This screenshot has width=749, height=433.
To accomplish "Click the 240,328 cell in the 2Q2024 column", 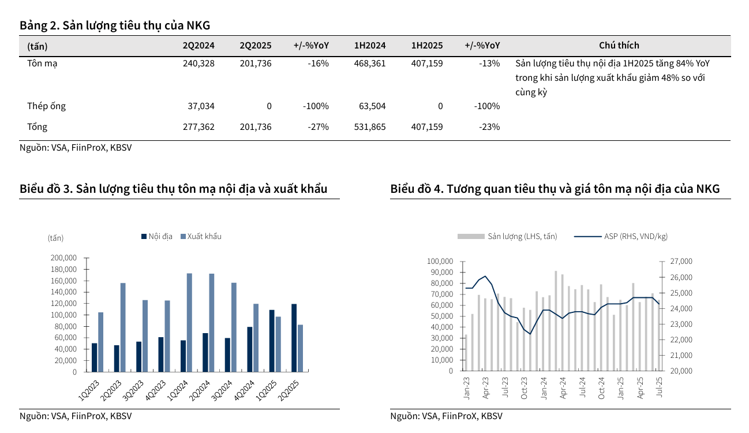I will point(198,64).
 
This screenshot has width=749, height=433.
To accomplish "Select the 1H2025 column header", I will point(427,46).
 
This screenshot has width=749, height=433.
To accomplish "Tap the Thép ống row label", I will point(46,106).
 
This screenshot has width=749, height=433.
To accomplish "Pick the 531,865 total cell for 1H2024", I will point(370,127).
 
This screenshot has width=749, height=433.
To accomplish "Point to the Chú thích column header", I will point(619,46).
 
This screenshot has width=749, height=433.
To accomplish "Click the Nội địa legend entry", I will point(156,236).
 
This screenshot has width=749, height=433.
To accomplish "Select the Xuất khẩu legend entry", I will point(200,236).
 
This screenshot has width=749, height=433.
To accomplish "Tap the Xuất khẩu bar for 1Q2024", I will point(189,322).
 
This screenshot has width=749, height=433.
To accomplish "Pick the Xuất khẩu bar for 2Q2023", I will point(123,327).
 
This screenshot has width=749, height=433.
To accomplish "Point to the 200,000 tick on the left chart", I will point(63,258).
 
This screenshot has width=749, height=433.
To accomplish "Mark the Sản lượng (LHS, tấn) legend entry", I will point(507,236).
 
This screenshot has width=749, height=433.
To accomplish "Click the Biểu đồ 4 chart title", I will point(555,189).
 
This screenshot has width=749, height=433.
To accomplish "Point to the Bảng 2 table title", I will point(115,25).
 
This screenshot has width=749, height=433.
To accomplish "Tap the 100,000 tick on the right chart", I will point(440,262).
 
